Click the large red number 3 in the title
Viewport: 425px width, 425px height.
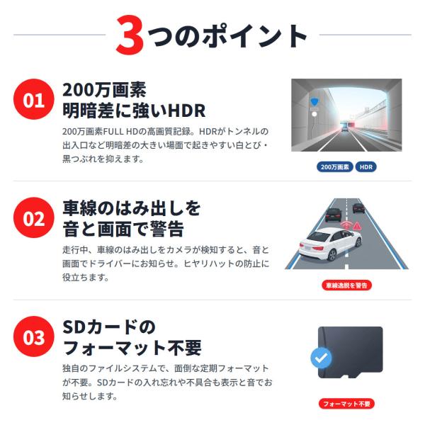pyautogui.click(x=130, y=35)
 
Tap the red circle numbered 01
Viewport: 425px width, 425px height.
pyautogui.click(x=33, y=99)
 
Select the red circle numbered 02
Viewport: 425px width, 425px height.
pyautogui.click(x=33, y=217)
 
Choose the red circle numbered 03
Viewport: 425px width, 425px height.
pyautogui.click(x=33, y=336)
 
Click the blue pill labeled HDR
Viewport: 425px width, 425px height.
pyautogui.click(x=366, y=167)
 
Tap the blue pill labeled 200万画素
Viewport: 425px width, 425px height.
pyautogui.click(x=335, y=167)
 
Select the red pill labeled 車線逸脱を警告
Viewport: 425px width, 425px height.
pyautogui.click(x=346, y=285)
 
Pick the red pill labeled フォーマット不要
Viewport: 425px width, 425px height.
pyautogui.click(x=346, y=404)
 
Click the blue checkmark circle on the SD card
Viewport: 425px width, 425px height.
pyautogui.click(x=321, y=358)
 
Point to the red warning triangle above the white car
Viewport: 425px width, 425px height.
pyautogui.click(x=357, y=225)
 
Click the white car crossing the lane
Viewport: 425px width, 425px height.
pyautogui.click(x=330, y=244)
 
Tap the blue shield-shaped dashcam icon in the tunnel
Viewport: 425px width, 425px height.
pyautogui.click(x=314, y=101)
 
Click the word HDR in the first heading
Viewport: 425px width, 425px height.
pyautogui.click(x=186, y=110)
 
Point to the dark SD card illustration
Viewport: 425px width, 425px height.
pyautogui.click(x=350, y=352)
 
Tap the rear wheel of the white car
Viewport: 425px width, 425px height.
pyautogui.click(x=331, y=255)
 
